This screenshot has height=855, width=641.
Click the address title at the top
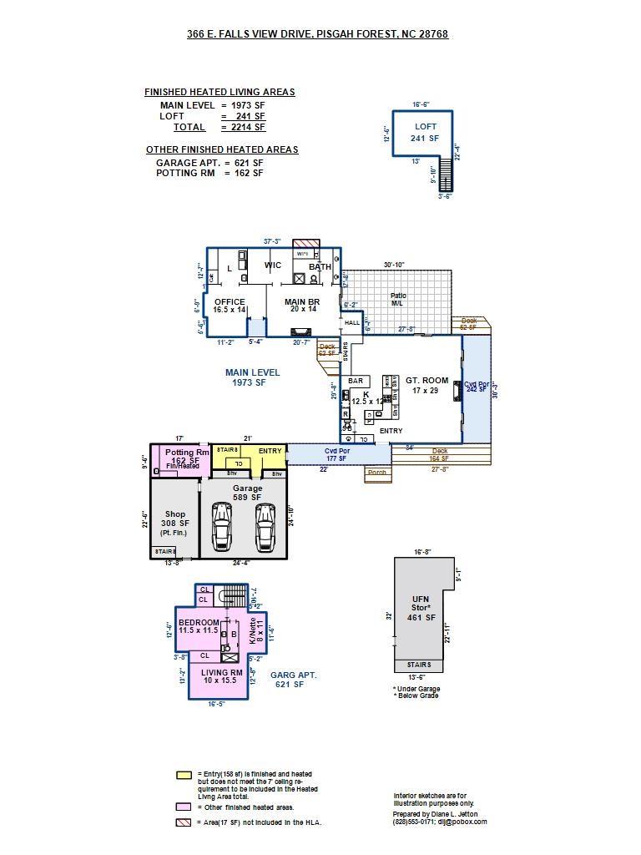[x=317, y=34]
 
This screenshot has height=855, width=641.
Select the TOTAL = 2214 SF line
[x=219, y=128]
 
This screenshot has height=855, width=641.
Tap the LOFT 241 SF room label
[x=425, y=133]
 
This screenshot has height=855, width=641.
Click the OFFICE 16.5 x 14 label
[x=230, y=306]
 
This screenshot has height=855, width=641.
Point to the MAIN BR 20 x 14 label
[x=300, y=306]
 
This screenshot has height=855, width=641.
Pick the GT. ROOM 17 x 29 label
[x=426, y=386]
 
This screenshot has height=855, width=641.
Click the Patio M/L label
[x=397, y=299]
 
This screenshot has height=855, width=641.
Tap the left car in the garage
[x=221, y=526]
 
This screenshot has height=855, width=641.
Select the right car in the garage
[x=265, y=526]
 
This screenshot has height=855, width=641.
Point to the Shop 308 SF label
[x=174, y=523]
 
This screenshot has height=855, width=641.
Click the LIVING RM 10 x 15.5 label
[x=221, y=676]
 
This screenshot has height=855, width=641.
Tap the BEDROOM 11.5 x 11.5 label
[x=198, y=626]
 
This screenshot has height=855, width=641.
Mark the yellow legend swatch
[x=184, y=775]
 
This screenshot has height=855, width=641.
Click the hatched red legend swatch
[x=184, y=822]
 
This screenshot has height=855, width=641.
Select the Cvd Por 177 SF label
[x=336, y=454]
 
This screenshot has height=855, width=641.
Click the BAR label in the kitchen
[x=356, y=381]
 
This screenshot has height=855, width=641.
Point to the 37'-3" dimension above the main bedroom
[x=272, y=241]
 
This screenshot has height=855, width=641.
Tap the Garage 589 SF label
[x=247, y=493]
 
